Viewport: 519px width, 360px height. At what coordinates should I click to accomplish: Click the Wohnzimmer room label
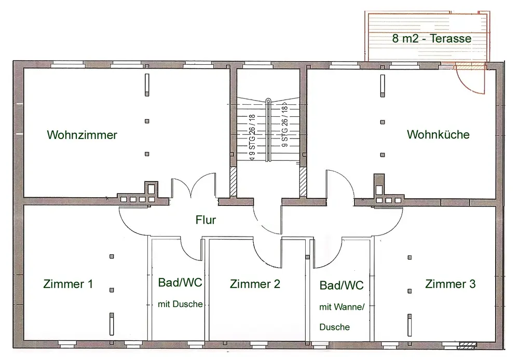click(x=82, y=135)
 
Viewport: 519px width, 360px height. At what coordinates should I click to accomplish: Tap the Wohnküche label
click(x=438, y=135)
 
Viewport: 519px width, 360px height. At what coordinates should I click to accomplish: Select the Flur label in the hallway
click(x=206, y=220)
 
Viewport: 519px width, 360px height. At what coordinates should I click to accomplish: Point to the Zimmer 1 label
click(x=69, y=284)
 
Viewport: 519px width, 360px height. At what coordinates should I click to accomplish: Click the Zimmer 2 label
click(x=255, y=284)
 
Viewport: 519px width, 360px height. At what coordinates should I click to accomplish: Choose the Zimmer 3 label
click(x=450, y=284)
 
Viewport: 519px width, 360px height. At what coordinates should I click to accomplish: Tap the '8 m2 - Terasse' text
click(x=432, y=39)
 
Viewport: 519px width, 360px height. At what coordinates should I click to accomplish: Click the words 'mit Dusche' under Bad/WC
click(x=180, y=304)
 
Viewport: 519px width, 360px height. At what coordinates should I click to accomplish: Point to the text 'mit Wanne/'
click(x=342, y=307)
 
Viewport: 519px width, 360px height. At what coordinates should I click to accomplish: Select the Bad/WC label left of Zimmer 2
click(x=180, y=283)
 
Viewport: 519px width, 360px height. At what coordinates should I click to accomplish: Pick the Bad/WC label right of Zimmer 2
click(x=342, y=285)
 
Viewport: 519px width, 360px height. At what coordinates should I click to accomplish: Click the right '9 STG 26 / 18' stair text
click(x=284, y=127)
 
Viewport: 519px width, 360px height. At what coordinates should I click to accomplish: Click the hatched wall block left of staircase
click(x=233, y=182)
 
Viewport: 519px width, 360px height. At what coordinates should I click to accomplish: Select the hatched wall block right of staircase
click(x=303, y=182)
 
